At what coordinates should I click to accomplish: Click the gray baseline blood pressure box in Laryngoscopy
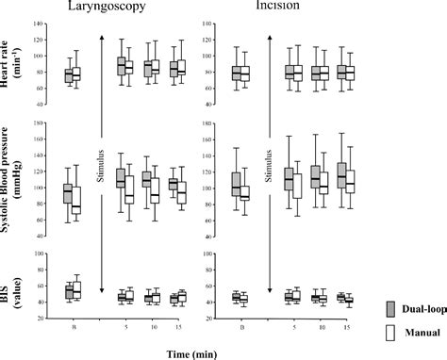[67, 192]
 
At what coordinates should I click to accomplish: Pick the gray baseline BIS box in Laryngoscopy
[67, 292]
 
